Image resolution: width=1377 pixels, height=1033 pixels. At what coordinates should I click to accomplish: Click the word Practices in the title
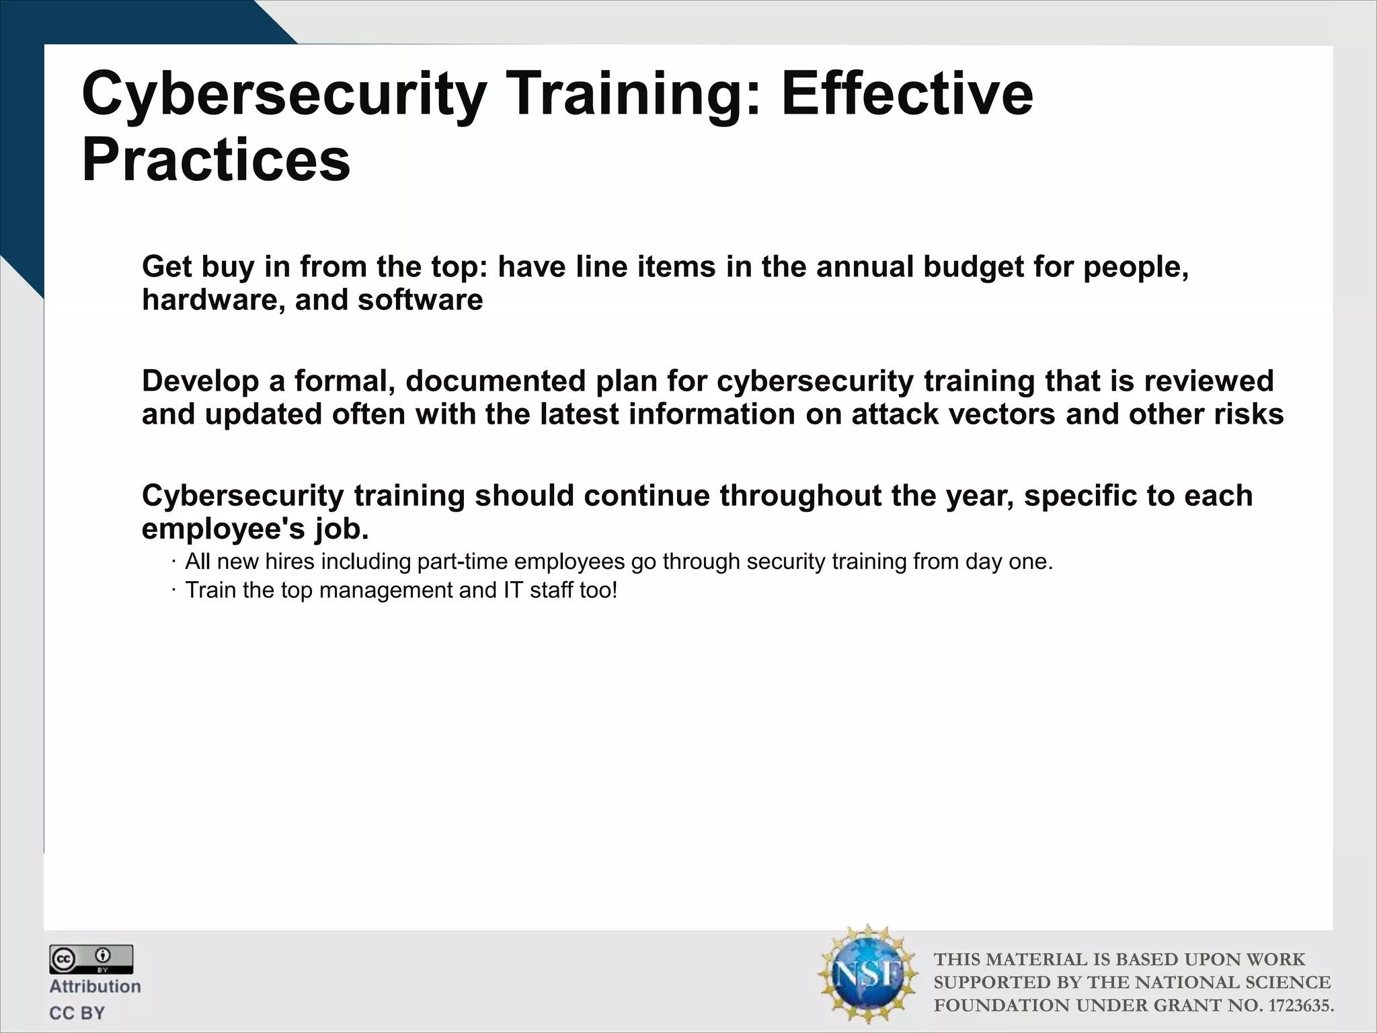coord(216,161)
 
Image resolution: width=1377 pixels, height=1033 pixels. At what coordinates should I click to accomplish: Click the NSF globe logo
coord(867,974)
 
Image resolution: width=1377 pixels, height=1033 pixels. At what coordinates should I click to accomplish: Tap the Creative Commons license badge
coord(91,959)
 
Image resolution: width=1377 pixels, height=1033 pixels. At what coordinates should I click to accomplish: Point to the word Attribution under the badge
coord(95,987)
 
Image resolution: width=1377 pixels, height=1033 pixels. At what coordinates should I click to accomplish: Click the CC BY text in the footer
coord(77,1013)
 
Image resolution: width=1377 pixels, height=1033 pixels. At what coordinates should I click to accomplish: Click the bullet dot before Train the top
coord(173,590)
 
